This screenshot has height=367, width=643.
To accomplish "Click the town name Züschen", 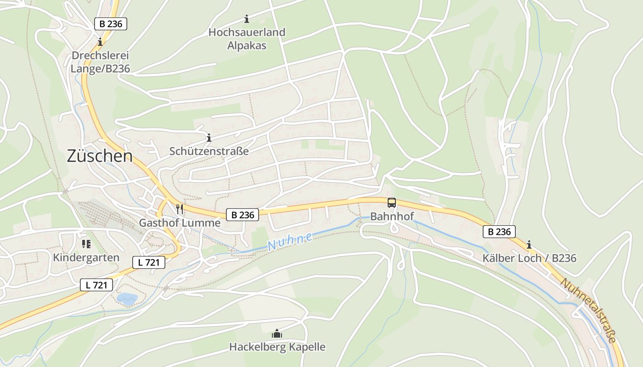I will tap(100, 156).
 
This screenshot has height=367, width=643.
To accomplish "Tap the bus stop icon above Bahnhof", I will tap(391, 202).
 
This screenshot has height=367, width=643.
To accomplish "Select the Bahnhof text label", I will tap(392, 216).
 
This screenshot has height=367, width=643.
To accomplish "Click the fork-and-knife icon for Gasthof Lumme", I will tap(180, 210).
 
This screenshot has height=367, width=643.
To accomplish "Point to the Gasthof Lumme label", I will tap(180, 223).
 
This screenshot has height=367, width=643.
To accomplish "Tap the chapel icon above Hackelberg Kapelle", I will tap(277, 334).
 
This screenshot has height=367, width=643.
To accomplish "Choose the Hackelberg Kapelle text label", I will tap(277, 347).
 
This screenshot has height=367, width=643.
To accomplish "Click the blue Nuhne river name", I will tap(290, 242).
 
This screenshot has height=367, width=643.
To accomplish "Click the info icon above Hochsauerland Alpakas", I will tap(247, 19).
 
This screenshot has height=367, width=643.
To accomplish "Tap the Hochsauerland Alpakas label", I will tap(247, 39).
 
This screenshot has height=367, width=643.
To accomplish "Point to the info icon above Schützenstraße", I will tap(209, 138).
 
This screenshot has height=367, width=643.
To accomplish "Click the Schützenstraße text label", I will tap(209, 151).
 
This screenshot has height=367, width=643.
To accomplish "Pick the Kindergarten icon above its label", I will tap(86, 244).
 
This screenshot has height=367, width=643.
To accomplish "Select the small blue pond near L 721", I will tap(127, 299).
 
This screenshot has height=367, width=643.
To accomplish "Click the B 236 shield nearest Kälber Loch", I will tap(499, 232).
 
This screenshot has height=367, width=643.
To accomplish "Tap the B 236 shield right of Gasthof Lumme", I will tap(243, 214).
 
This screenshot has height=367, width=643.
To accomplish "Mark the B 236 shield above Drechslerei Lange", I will tap(111, 24).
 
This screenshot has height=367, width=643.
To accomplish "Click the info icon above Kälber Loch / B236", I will tap(529, 245).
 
